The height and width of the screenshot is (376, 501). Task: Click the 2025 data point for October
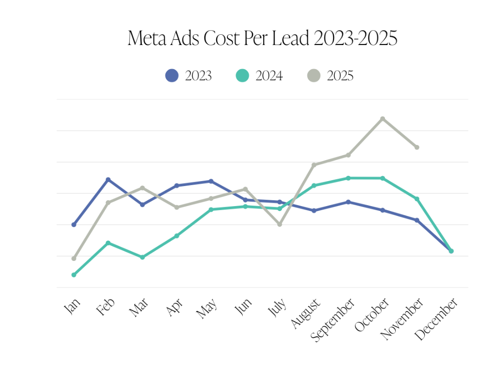[x=383, y=118]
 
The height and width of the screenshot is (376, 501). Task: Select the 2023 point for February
[x=108, y=180]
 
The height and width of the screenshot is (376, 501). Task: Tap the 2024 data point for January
[x=74, y=275]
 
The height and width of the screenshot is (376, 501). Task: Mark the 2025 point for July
[x=280, y=224]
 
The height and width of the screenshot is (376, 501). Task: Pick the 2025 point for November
[x=417, y=147]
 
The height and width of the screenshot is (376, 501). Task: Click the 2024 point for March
[x=142, y=257]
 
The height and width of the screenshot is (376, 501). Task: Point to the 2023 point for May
[x=211, y=181]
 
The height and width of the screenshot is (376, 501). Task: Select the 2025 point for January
[x=74, y=258]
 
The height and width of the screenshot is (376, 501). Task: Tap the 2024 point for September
[x=348, y=178]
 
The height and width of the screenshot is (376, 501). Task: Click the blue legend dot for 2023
[x=172, y=75]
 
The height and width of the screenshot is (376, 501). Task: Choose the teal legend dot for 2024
[x=242, y=75]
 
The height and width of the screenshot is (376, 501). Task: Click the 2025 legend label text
[x=340, y=76]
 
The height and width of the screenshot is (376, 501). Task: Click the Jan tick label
[x=72, y=307]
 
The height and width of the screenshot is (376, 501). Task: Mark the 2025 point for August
[x=314, y=164]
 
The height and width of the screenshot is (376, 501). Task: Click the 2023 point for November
[x=417, y=220]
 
